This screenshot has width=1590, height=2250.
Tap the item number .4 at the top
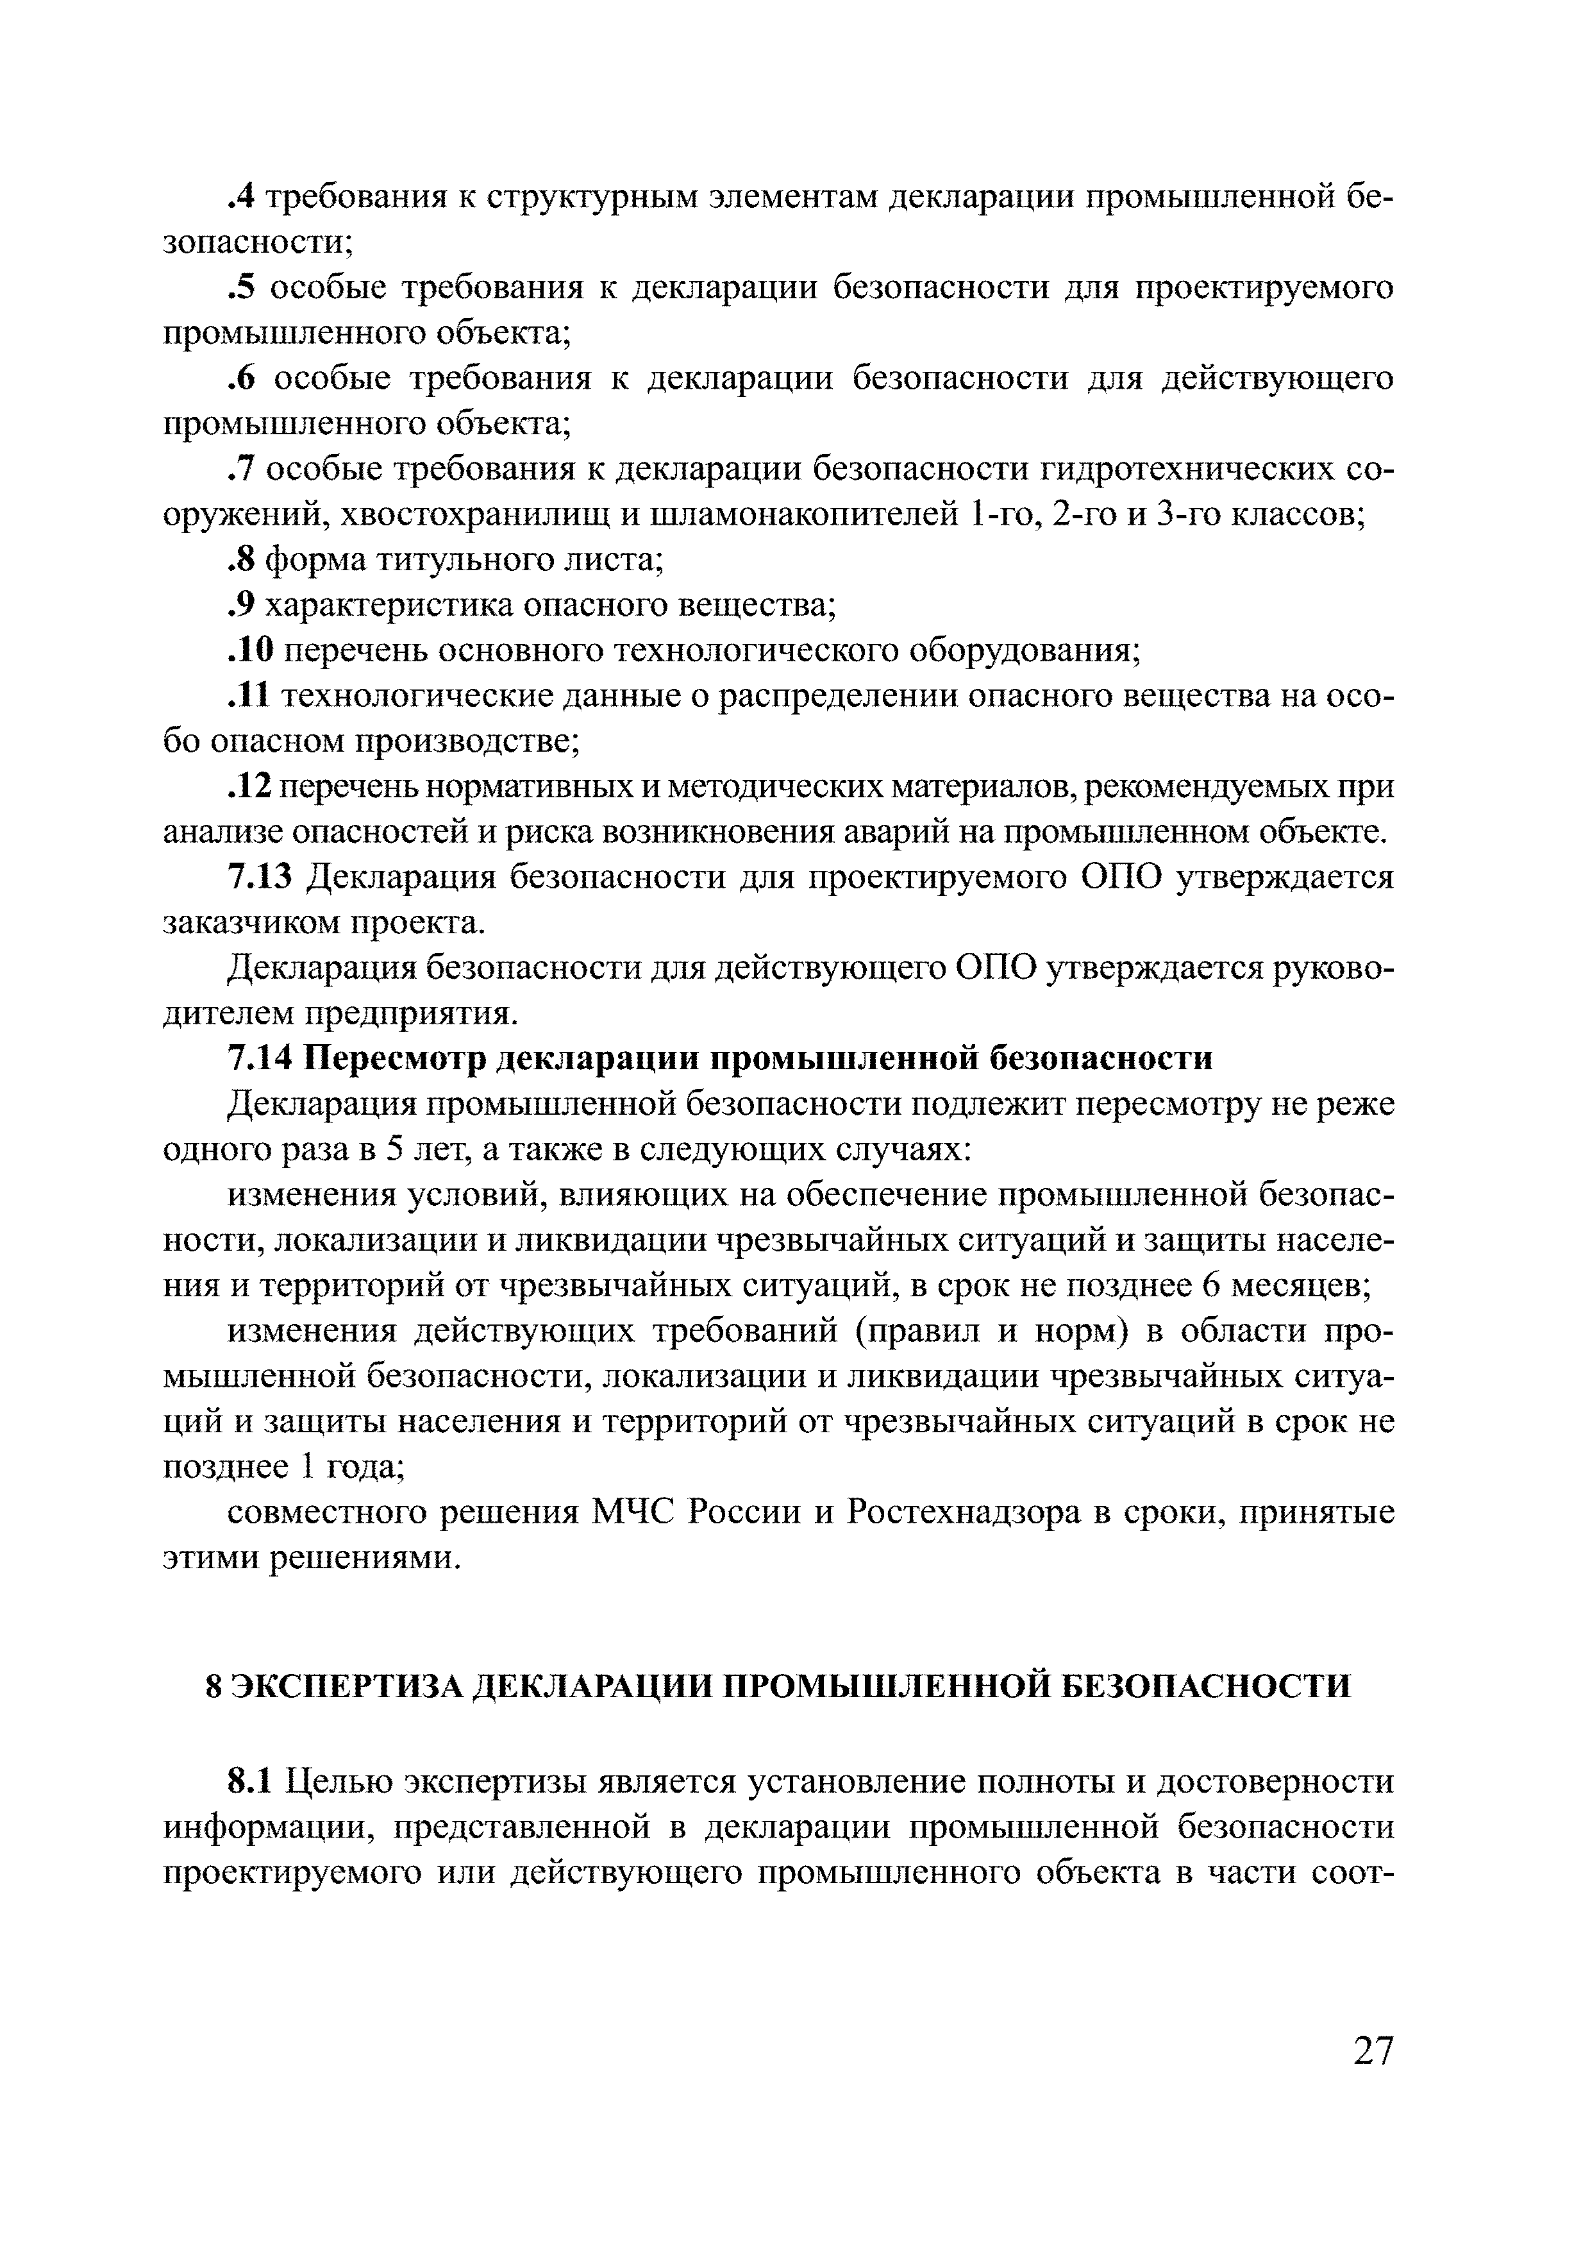[x=241, y=197]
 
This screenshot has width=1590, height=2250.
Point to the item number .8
[x=241, y=561]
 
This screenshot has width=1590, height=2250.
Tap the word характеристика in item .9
[x=389, y=605]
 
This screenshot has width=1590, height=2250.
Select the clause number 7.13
[x=260, y=877]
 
